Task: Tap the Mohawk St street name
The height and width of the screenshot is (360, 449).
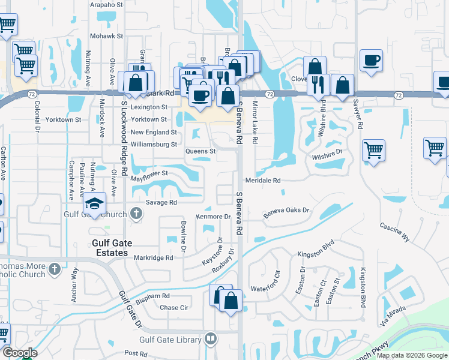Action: click(106, 36)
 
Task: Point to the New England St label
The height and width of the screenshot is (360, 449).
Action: click(154, 132)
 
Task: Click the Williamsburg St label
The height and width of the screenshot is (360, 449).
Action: click(154, 145)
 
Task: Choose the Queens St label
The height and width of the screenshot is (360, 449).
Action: click(200, 151)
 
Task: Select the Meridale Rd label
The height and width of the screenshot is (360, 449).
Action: click(263, 180)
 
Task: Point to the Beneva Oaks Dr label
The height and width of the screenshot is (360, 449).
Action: click(286, 211)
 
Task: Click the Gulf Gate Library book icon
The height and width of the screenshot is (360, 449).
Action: click(210, 339)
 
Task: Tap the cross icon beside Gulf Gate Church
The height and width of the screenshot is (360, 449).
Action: click(136, 213)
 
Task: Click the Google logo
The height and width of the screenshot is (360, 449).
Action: click(19, 353)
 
